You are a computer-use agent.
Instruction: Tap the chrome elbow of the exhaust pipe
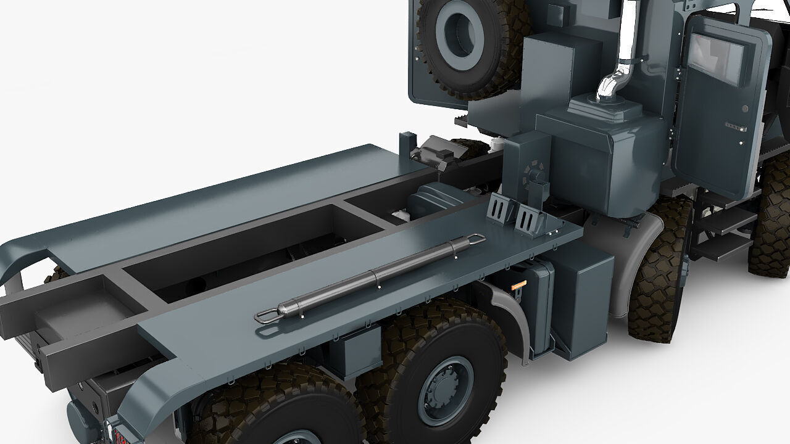(x=607, y=86)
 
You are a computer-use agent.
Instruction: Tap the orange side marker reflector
(x=518, y=284)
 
